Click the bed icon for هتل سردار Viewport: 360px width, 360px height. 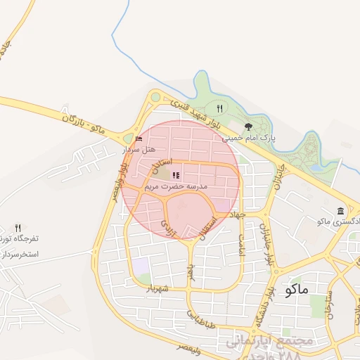click(138, 139)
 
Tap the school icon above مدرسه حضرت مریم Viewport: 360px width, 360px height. click(175, 175)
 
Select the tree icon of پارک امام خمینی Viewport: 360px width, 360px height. click(248, 127)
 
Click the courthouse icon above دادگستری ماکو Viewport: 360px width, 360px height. click(341, 211)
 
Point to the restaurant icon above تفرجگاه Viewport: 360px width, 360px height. click(18, 227)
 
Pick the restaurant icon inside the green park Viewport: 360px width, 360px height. click(219, 108)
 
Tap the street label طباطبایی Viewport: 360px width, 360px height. click(199, 319)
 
